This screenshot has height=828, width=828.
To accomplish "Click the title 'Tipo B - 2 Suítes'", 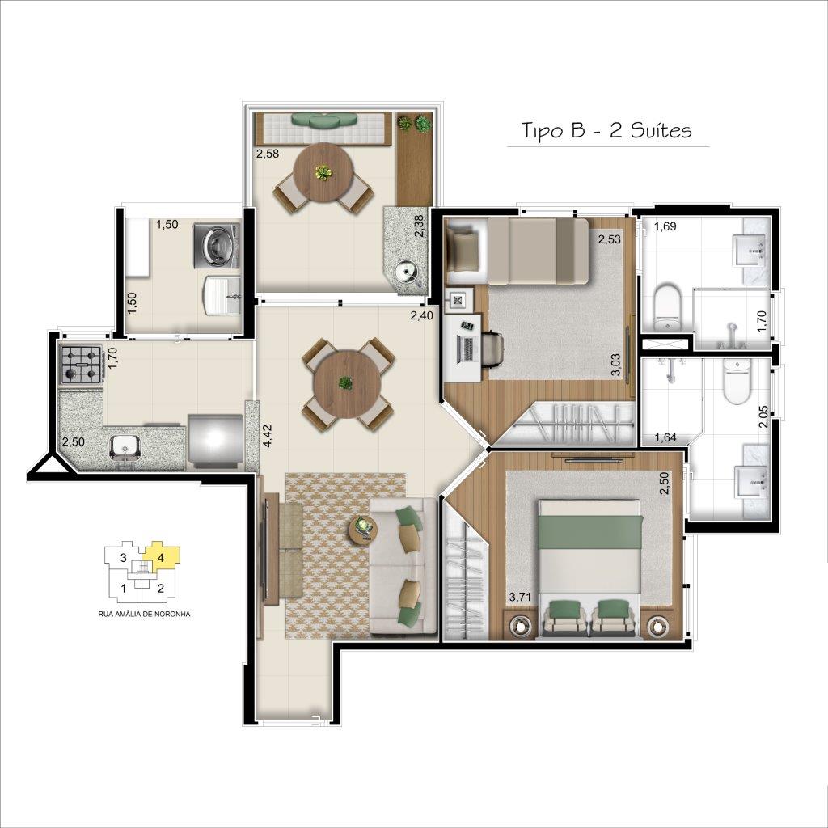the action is [x=606, y=130].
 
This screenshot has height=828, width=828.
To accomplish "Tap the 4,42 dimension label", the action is [x=268, y=436].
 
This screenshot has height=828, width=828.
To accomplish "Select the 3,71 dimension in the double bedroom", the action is [x=519, y=598].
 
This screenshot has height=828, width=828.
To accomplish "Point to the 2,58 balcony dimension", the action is [x=267, y=154].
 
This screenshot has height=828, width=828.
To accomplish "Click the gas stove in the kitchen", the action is [x=81, y=365].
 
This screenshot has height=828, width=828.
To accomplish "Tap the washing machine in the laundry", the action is [x=217, y=243].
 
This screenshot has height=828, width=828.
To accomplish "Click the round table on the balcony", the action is [x=323, y=171].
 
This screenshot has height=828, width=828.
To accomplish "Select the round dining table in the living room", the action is [x=346, y=384].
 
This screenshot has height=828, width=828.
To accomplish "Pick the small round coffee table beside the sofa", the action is [x=363, y=530].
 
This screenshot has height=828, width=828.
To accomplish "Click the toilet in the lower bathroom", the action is [x=737, y=380].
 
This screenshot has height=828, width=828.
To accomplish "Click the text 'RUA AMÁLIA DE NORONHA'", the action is [x=144, y=615].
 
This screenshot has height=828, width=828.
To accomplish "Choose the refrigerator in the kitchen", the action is [x=215, y=441].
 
